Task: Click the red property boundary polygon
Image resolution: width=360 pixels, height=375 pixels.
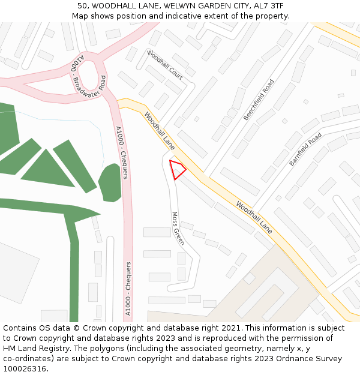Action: [177, 169]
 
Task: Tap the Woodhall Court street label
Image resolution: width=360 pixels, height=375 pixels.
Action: [165, 65]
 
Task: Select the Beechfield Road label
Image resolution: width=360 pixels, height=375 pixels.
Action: [259, 100]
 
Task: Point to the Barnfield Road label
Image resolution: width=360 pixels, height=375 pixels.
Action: [305, 150]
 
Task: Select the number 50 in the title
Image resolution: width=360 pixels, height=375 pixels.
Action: [82, 5]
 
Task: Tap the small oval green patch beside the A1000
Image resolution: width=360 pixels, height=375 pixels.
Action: [110, 183]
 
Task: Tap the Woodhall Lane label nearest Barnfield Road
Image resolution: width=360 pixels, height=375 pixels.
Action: [254, 217]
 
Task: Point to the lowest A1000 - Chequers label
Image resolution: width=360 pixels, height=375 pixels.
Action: [128, 289]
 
